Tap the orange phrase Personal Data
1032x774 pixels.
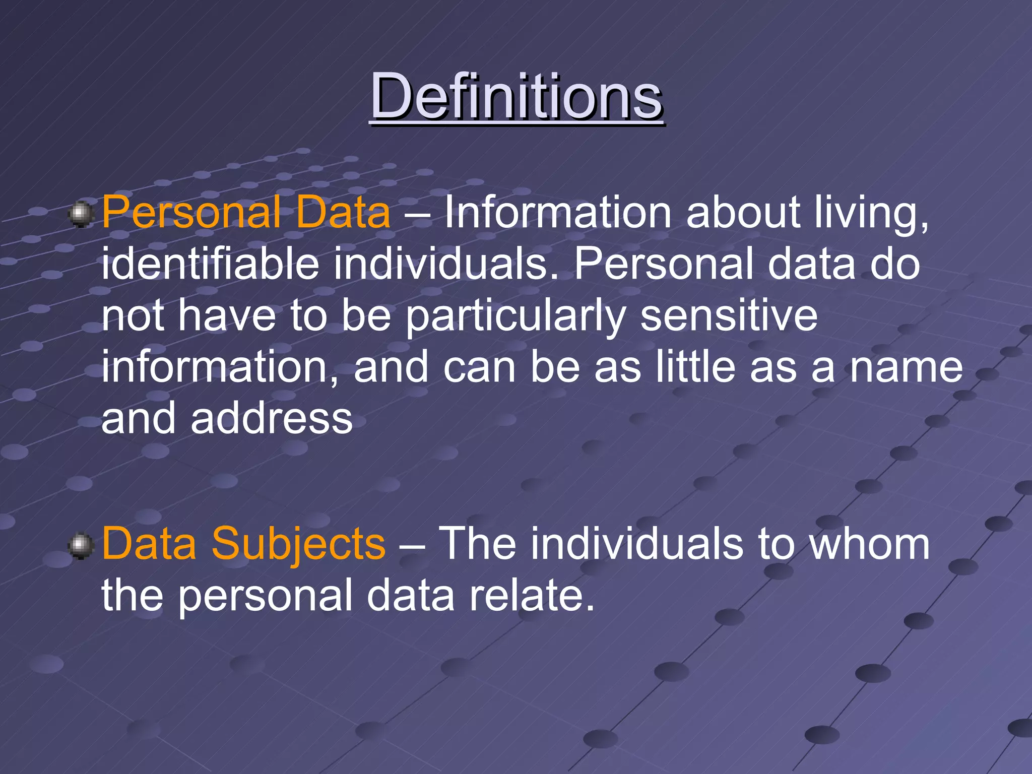tap(246, 212)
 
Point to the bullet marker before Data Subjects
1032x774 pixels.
tap(81, 546)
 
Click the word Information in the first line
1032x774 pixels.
tap(557, 212)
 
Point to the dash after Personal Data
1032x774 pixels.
tap(417, 214)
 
